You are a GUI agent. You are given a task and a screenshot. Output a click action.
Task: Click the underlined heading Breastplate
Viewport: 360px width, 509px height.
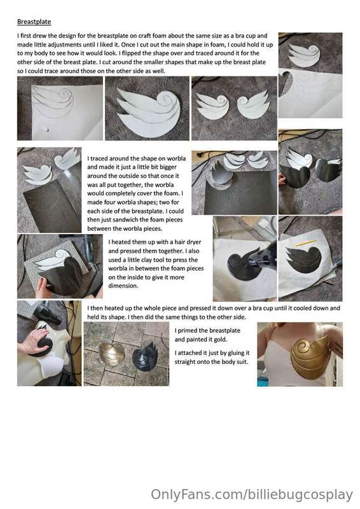(x=34, y=22)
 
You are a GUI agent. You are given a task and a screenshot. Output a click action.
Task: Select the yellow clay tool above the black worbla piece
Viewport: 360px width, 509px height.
(x=305, y=242)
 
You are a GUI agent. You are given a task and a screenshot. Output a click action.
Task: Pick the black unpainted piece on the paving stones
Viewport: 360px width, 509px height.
(x=145, y=357)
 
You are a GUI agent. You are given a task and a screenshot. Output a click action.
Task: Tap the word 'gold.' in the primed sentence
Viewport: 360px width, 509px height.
(x=221, y=340)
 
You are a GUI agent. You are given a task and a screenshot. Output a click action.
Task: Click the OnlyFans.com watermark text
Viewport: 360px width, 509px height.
(x=252, y=495)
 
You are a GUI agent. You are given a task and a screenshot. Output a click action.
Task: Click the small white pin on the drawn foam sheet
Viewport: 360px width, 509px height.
(x=48, y=130)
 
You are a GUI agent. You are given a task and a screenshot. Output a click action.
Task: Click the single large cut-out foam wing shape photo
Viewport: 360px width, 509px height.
(x=147, y=108)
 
